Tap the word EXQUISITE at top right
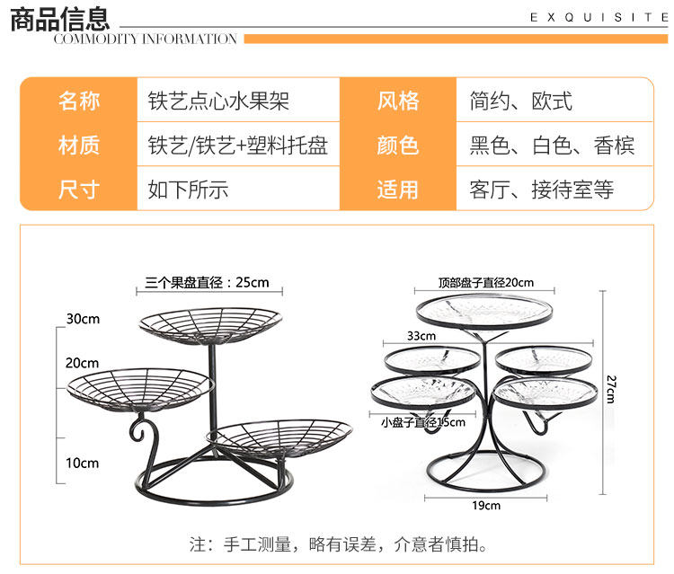pos(599,17)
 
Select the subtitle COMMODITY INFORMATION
pos(146,39)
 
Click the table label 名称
pos(79,101)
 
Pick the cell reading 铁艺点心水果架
pos(218,101)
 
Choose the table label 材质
pos(79,146)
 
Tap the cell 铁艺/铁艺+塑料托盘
pos(238,146)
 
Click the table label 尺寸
pos(79,190)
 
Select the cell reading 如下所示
pos(188,190)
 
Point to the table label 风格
pos(398,101)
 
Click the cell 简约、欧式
pos(520,101)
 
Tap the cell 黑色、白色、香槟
pos(552,146)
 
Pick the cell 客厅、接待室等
pos(541,190)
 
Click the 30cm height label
pos(82,319)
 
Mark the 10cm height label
pos(82,463)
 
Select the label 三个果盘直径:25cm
pos(207,282)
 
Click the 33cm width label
pos(421,336)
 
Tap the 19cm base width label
pos(485,506)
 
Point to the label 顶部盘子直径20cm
pos(485,282)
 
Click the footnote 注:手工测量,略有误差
pos(338,544)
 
